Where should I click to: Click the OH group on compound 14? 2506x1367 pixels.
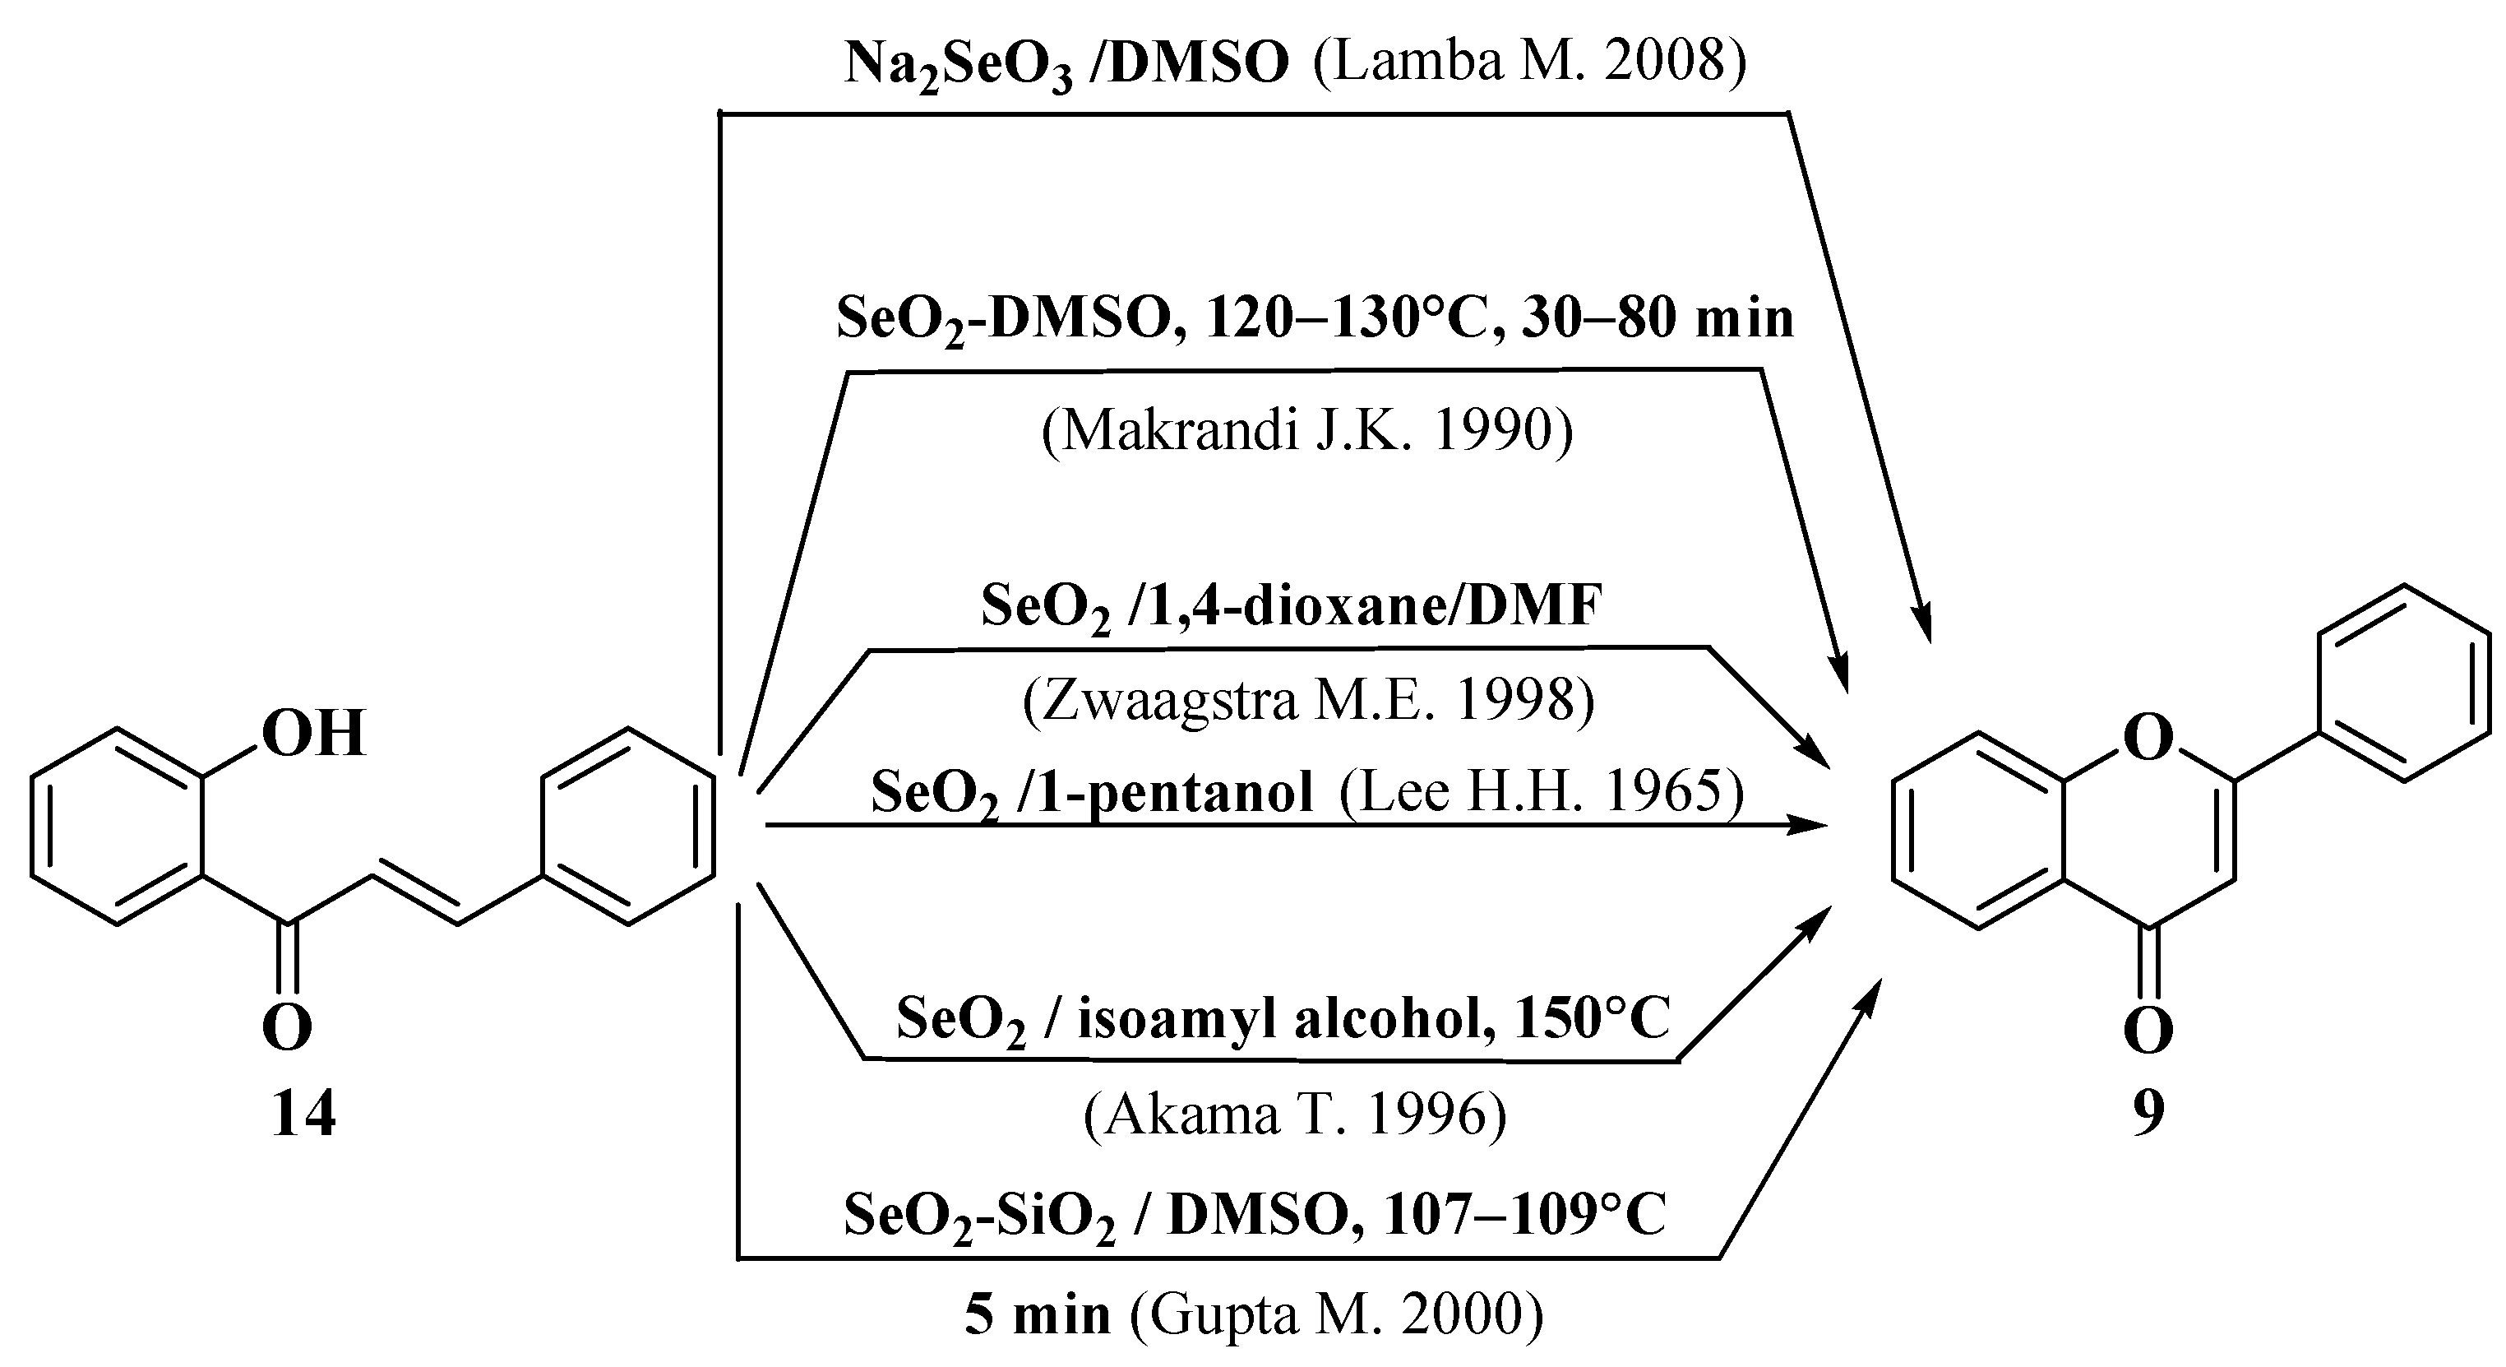pyautogui.click(x=313, y=734)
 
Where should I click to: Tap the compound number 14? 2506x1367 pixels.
pyautogui.click(x=303, y=1114)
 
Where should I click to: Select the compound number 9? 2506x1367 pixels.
pyautogui.click(x=2149, y=1114)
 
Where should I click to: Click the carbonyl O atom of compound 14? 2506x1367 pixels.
pyautogui.click(x=287, y=1027)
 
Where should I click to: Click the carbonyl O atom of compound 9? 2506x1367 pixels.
pyautogui.click(x=2149, y=1031)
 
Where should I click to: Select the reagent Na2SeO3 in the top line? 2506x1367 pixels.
pyautogui.click(x=958, y=64)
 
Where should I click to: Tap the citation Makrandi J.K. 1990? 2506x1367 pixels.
pyautogui.click(x=1306, y=430)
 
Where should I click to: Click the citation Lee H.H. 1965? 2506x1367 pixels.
pyautogui.click(x=1541, y=791)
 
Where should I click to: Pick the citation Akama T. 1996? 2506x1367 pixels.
pyautogui.click(x=1295, y=1114)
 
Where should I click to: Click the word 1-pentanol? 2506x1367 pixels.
pyautogui.click(x=1199, y=791)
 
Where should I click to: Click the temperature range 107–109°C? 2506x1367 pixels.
pyautogui.click(x=1524, y=1214)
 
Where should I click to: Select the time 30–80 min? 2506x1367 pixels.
pyautogui.click(x=1658, y=318)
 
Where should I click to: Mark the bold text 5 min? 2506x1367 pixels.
pyautogui.click(x=1037, y=1315)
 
